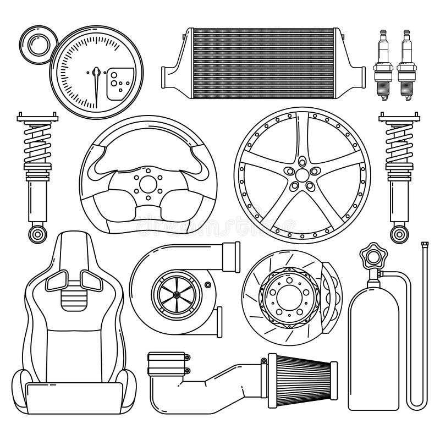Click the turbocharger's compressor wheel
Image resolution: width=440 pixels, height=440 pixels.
point(174,294)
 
